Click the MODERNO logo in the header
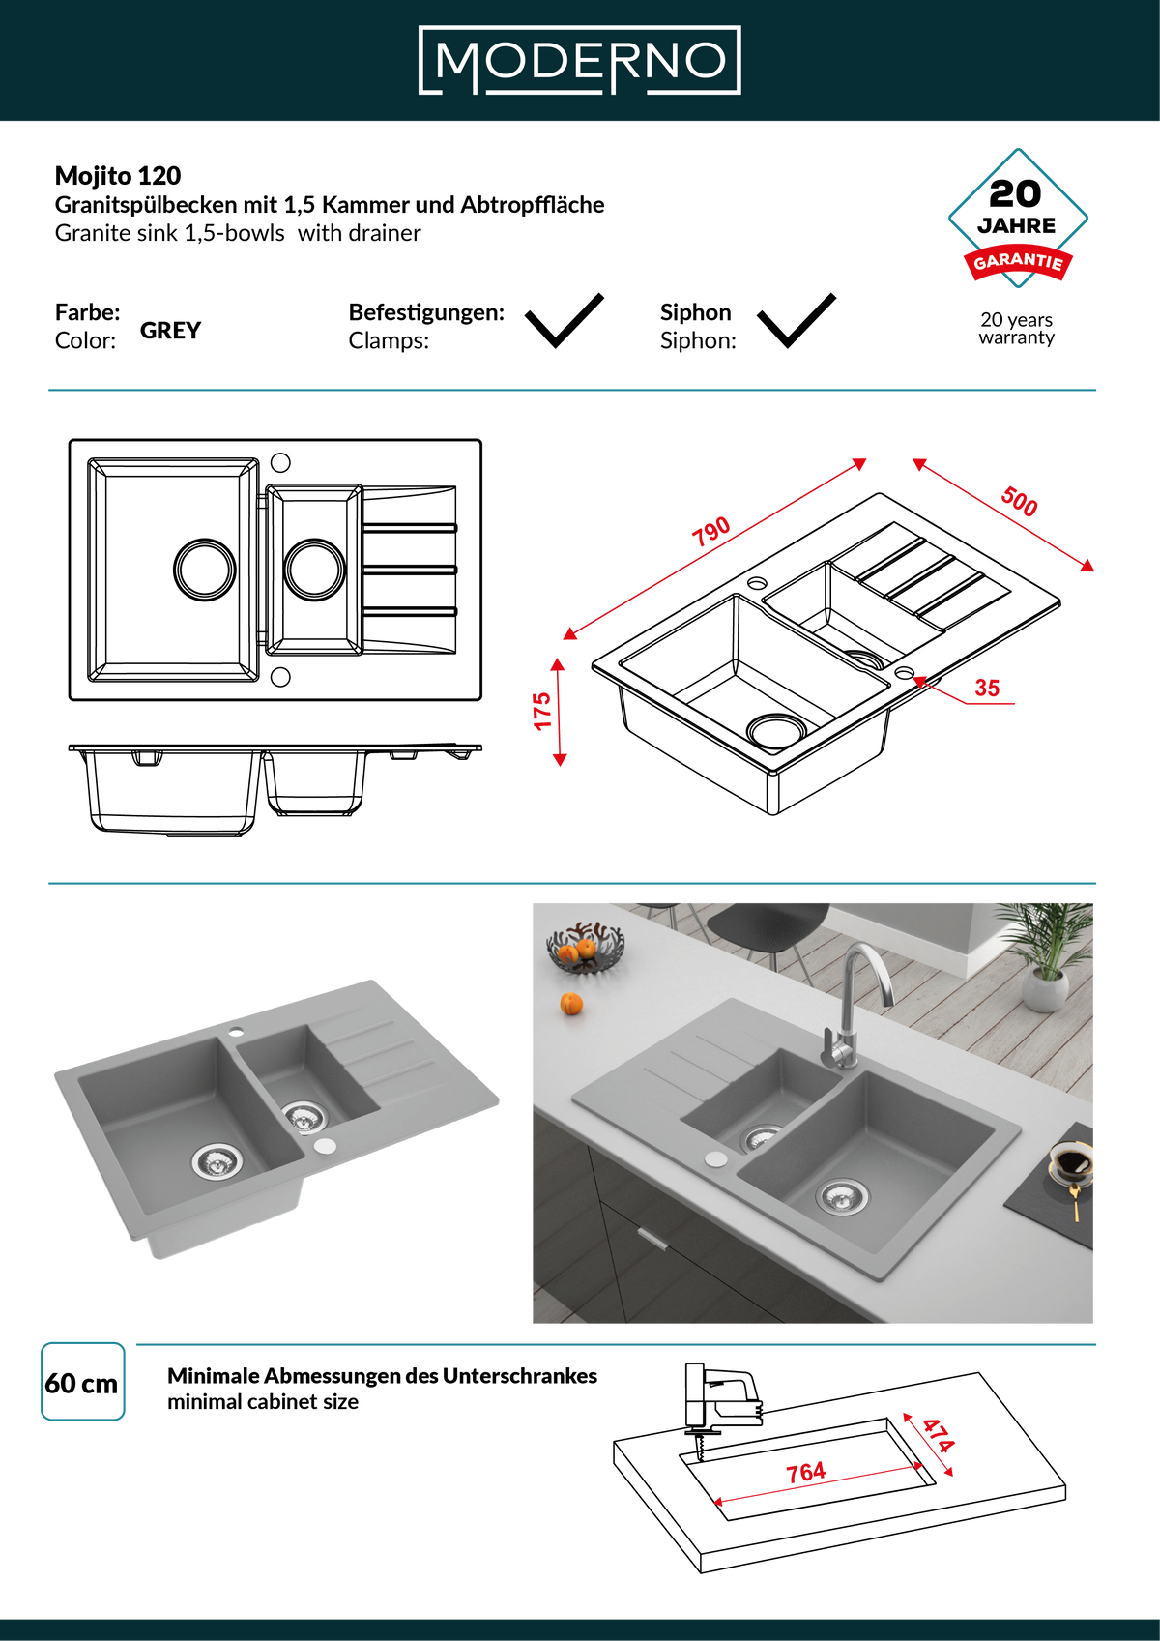(x=579, y=60)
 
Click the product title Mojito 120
(x=118, y=176)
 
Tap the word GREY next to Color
(x=171, y=331)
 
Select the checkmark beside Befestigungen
(x=564, y=320)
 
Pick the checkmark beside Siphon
(x=796, y=320)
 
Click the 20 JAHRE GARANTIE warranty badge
(x=1017, y=219)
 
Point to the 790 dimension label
(x=711, y=531)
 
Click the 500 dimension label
(x=1019, y=502)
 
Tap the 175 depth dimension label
(x=542, y=711)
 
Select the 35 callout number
(x=986, y=688)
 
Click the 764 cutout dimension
(x=805, y=1472)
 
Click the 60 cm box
(x=82, y=1382)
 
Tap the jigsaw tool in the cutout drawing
(x=721, y=1398)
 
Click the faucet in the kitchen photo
(x=856, y=1005)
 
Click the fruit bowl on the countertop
(x=585, y=948)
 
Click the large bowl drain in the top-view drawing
(x=204, y=570)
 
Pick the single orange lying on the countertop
(x=571, y=1004)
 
